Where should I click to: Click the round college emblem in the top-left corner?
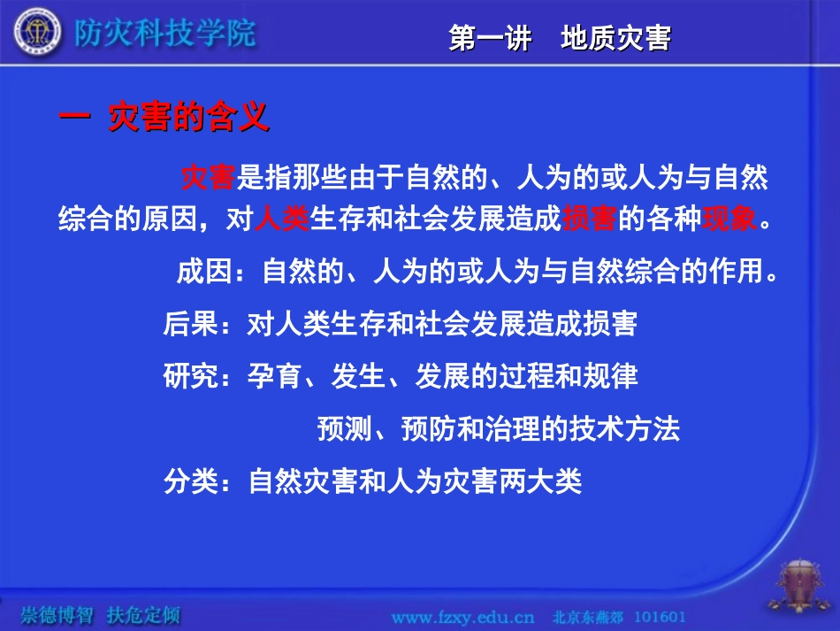(32, 33)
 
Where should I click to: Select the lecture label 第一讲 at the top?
(490, 39)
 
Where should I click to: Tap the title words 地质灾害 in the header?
(615, 39)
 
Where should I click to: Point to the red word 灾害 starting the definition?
(207, 178)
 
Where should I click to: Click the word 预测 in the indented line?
(344, 430)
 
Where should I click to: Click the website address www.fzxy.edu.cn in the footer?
(462, 615)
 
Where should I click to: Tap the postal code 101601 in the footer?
(660, 615)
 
